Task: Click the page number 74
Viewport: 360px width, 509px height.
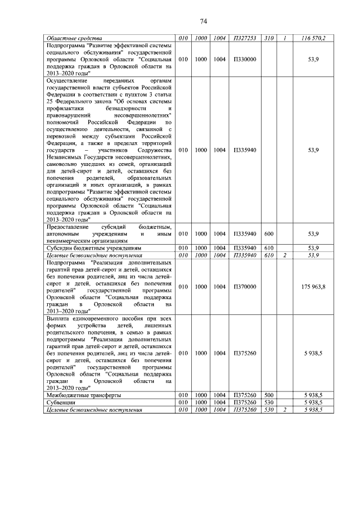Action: tap(204, 21)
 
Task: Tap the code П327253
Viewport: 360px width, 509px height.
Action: tap(245, 38)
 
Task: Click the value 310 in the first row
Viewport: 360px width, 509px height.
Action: tap(269, 38)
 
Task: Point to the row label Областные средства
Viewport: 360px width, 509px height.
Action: tap(71, 38)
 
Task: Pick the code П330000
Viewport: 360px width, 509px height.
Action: tap(245, 58)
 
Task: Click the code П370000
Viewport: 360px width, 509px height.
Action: tap(245, 287)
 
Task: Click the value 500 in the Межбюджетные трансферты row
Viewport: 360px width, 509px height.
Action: tap(269, 395)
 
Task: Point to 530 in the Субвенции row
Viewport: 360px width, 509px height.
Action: tap(269, 403)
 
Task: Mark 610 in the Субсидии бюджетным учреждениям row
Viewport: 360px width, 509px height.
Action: tap(269, 247)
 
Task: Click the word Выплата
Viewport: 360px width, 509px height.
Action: tap(61, 318)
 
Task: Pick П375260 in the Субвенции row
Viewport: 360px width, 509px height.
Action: tap(245, 403)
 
